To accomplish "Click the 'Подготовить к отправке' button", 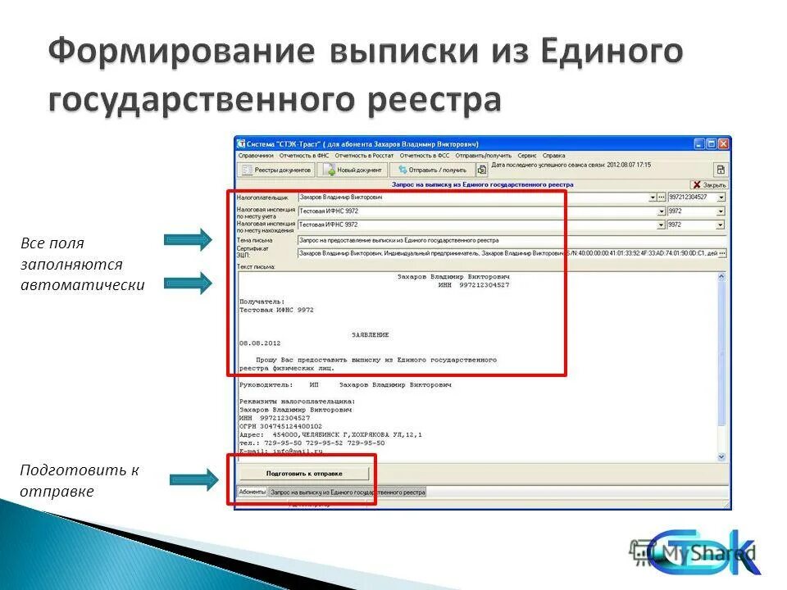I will click(x=303, y=474).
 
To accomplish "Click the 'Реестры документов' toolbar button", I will click(x=276, y=170).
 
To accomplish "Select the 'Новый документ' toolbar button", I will click(x=352, y=170).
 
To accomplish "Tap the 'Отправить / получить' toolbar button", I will click(x=431, y=170).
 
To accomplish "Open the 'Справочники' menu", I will click(x=256, y=155).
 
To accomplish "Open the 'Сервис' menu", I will click(x=527, y=155).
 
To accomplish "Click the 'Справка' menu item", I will click(x=553, y=155).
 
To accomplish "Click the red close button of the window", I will click(x=723, y=143).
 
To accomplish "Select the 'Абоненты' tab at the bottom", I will click(x=252, y=492).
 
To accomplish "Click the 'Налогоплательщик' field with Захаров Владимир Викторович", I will click(x=475, y=197).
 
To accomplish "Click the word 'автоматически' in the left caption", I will click(x=83, y=286).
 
